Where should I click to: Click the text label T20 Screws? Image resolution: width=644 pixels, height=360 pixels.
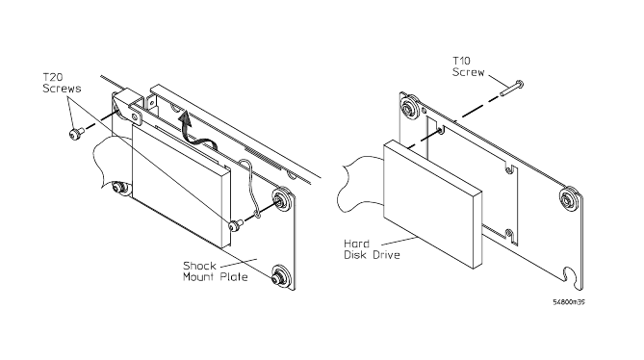pyautogui.click(x=62, y=83)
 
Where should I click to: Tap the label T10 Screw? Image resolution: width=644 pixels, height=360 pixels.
pyautogui.click(x=468, y=67)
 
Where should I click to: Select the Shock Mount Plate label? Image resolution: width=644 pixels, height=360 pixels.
pyautogui.click(x=216, y=270)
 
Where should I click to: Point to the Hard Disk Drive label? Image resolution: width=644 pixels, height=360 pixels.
pyautogui.click(x=372, y=249)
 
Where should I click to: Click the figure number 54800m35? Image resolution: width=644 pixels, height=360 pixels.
pyautogui.click(x=569, y=302)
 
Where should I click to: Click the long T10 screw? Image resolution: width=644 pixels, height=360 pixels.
pyautogui.click(x=512, y=89)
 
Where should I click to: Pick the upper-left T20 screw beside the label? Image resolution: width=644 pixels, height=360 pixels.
pyautogui.click(x=76, y=133)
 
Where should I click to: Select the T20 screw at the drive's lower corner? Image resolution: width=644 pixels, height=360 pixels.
pyautogui.click(x=235, y=225)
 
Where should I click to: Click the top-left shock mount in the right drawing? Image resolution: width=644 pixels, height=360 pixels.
pyautogui.click(x=410, y=109)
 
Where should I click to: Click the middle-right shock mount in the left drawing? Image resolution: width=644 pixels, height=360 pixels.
pyautogui.click(x=283, y=201)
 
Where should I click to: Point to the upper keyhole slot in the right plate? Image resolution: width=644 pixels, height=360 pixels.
pyautogui.click(x=509, y=169)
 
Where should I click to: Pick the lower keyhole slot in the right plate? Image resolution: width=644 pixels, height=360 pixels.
pyautogui.click(x=509, y=235)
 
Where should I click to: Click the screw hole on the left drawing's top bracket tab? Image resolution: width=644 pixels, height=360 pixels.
pyautogui.click(x=135, y=116)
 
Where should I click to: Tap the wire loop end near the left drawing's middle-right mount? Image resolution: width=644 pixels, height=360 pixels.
pyautogui.click(x=258, y=214)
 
